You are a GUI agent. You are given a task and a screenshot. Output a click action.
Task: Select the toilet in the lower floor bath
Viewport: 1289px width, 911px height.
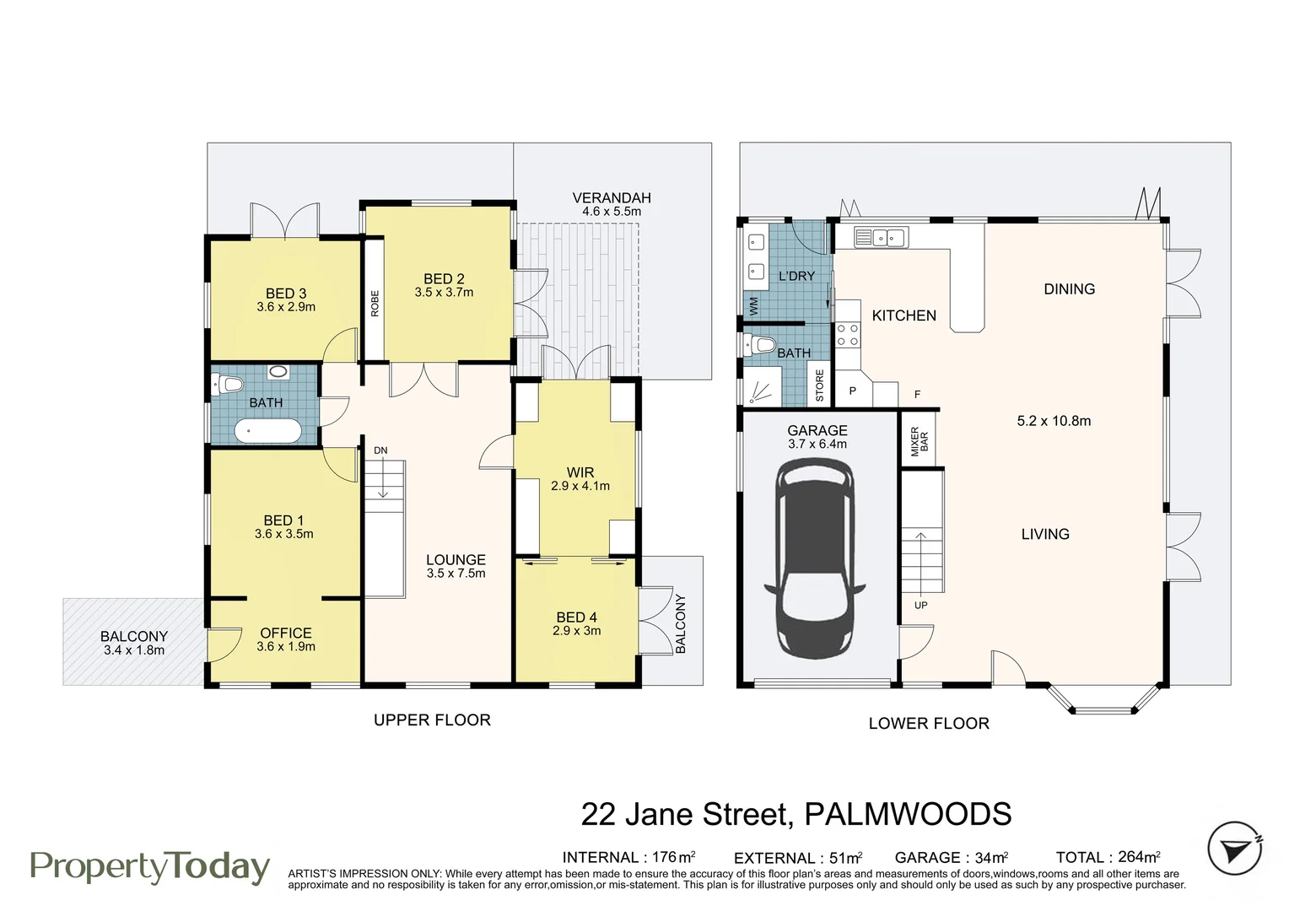761,344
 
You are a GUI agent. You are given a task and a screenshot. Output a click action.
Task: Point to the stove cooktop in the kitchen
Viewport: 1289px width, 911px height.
847,335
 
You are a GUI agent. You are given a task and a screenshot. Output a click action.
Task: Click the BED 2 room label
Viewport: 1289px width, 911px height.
444,279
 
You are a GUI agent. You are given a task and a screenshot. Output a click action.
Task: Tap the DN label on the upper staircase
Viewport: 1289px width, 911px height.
380,450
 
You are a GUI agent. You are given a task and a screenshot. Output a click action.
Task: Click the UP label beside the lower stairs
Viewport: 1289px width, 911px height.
920,606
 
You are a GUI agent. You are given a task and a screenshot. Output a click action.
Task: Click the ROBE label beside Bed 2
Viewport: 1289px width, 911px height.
375,304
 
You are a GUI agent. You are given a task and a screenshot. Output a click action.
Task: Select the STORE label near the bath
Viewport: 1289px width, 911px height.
819,385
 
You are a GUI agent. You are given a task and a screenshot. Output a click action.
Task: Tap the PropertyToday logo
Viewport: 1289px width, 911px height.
150,867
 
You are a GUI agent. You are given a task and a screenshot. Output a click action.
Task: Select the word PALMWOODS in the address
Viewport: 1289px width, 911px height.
908,815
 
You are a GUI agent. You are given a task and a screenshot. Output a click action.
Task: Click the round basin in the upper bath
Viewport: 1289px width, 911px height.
278,372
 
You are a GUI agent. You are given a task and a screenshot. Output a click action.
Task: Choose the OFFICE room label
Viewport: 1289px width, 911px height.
286,633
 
